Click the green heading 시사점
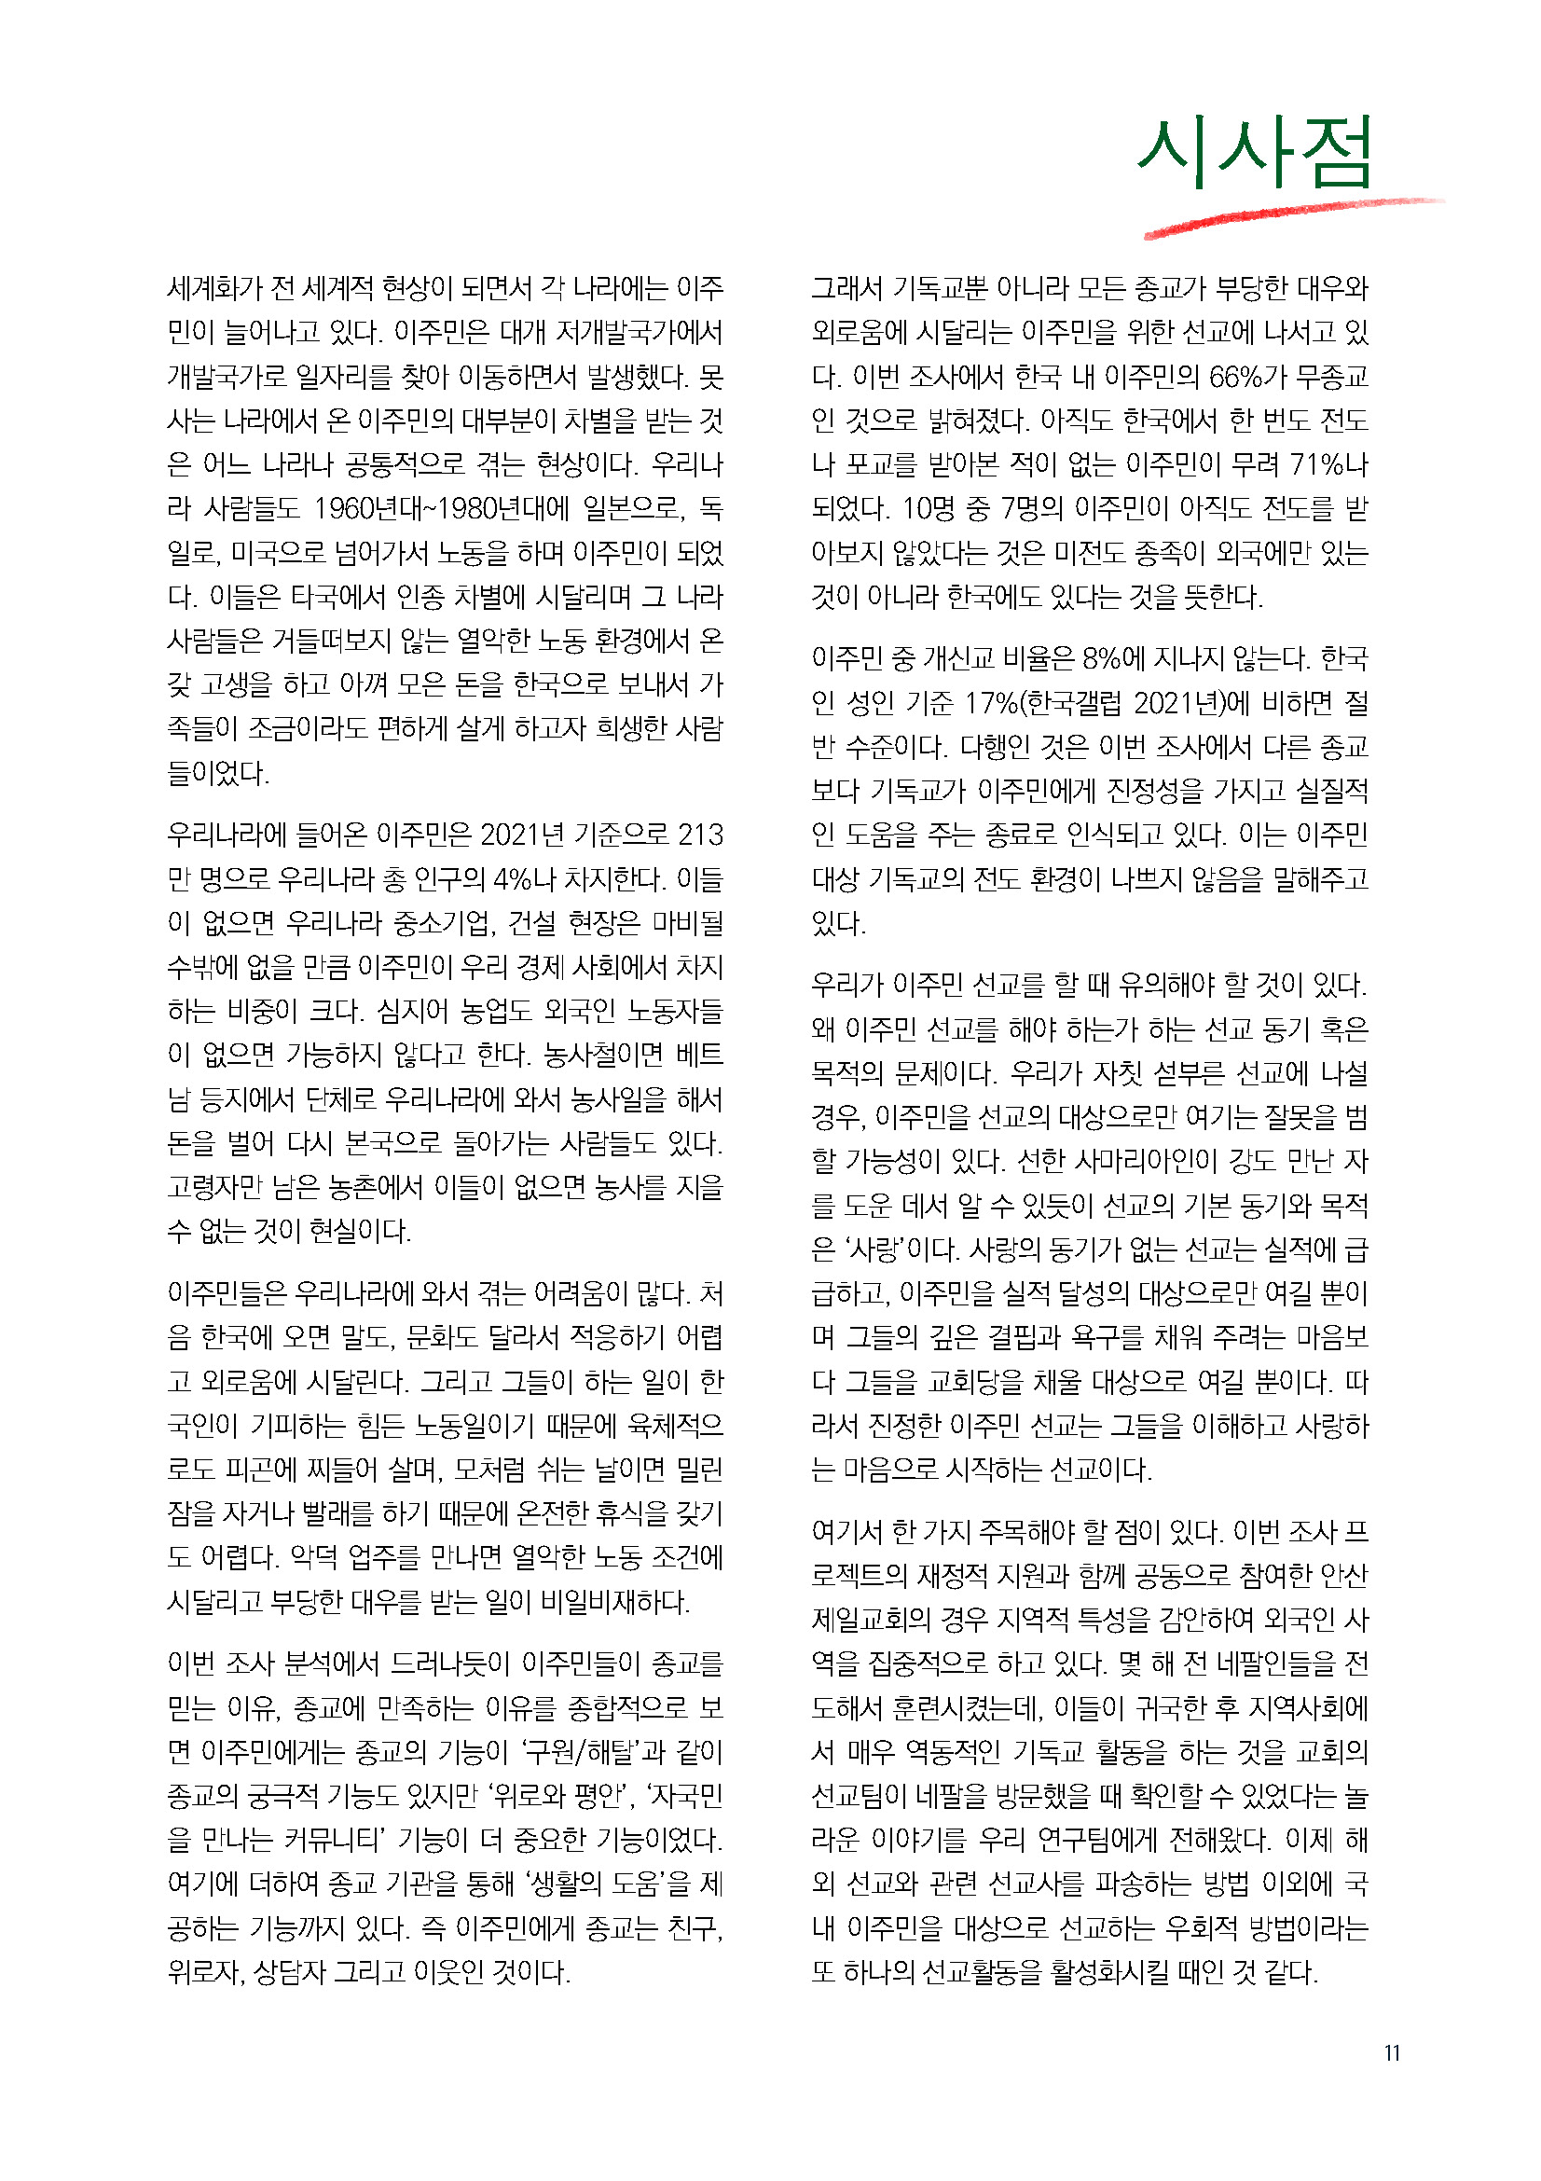tap(1254, 152)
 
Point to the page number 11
tap(1392, 2052)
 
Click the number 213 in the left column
tap(701, 835)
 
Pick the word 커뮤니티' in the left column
tap(330, 1841)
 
